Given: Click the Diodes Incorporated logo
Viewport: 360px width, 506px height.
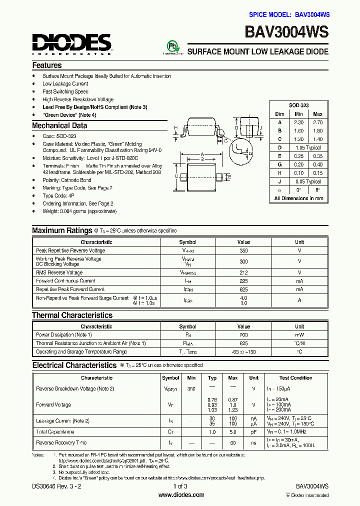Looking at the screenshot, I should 72,43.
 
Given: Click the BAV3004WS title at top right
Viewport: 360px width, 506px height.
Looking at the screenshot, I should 286,32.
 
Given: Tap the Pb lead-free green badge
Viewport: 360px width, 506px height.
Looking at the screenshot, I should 172,46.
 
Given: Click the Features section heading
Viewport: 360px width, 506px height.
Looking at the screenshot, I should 47,65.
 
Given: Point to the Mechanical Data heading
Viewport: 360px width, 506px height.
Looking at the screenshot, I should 59,126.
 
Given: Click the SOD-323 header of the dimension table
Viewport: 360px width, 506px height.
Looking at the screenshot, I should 298,106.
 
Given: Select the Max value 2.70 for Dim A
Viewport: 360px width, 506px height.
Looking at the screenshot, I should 317,122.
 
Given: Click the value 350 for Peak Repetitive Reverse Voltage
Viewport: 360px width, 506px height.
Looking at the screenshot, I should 243,250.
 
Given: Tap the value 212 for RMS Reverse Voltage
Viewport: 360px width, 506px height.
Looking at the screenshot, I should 243,273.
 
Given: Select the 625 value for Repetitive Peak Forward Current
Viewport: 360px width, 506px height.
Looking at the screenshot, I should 243,289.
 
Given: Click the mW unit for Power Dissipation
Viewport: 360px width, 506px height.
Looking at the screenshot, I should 299,334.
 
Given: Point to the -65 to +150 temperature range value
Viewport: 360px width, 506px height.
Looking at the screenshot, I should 243,352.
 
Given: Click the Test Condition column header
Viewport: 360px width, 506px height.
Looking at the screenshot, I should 295,378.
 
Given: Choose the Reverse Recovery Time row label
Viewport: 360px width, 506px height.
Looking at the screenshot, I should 61,442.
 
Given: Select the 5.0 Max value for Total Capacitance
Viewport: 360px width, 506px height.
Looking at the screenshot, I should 232,431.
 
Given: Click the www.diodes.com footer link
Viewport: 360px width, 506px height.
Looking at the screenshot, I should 181,495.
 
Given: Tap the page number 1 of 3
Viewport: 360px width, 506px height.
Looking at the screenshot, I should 180,486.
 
